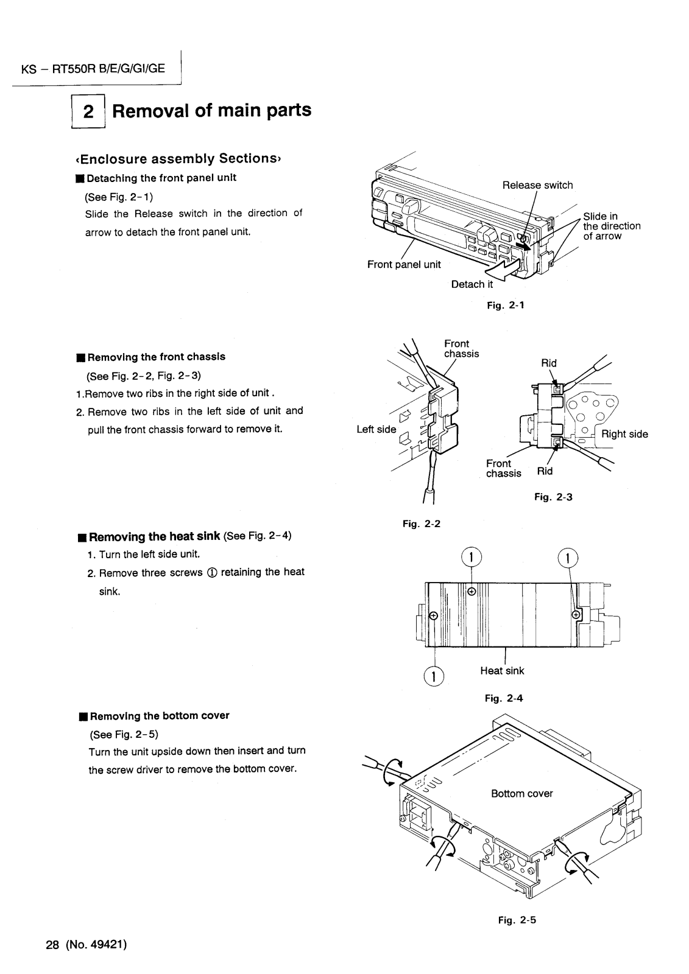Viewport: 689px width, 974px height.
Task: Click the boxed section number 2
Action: [x=89, y=112]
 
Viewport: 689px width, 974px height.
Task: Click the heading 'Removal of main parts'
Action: [x=212, y=111]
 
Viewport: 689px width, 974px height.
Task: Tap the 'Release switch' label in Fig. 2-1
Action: [x=537, y=185]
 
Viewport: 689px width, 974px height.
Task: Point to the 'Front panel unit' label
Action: [x=404, y=264]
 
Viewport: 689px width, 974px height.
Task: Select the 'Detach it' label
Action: [x=472, y=284]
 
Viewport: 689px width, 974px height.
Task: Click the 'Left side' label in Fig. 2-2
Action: [x=376, y=429]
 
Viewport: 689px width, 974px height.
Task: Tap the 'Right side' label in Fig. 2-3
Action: [x=624, y=434]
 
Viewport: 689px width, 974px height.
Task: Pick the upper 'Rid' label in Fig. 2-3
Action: [x=549, y=363]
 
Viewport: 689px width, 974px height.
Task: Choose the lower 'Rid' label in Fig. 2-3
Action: [x=545, y=471]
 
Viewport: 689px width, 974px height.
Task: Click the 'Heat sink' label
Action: [x=502, y=671]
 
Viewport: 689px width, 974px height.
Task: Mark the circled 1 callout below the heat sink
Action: [x=434, y=676]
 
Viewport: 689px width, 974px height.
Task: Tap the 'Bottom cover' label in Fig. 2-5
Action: [x=522, y=793]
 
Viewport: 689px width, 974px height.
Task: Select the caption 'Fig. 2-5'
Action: [x=517, y=920]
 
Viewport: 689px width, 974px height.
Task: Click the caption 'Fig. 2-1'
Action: [x=506, y=305]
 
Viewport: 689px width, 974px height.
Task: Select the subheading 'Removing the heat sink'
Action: [x=154, y=536]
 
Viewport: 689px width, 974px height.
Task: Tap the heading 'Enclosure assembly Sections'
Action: [x=177, y=159]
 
